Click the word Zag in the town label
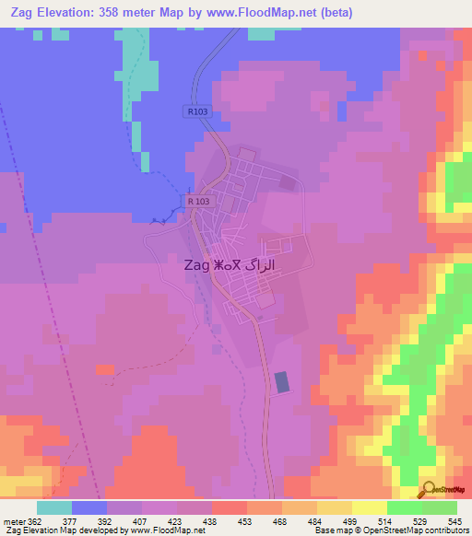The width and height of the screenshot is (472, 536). coord(195,265)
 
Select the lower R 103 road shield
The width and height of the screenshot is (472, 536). coord(197,201)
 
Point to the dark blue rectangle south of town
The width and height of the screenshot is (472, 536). coord(280,382)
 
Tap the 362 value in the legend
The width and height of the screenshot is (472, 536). coord(34,520)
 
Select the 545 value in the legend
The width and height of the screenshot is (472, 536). coord(454,520)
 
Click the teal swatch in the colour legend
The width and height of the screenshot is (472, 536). coord(54,507)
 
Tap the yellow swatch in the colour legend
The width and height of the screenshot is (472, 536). coord(370,507)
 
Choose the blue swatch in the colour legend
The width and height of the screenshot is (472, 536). coord(89,507)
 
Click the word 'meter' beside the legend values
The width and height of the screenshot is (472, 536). coord(12,520)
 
